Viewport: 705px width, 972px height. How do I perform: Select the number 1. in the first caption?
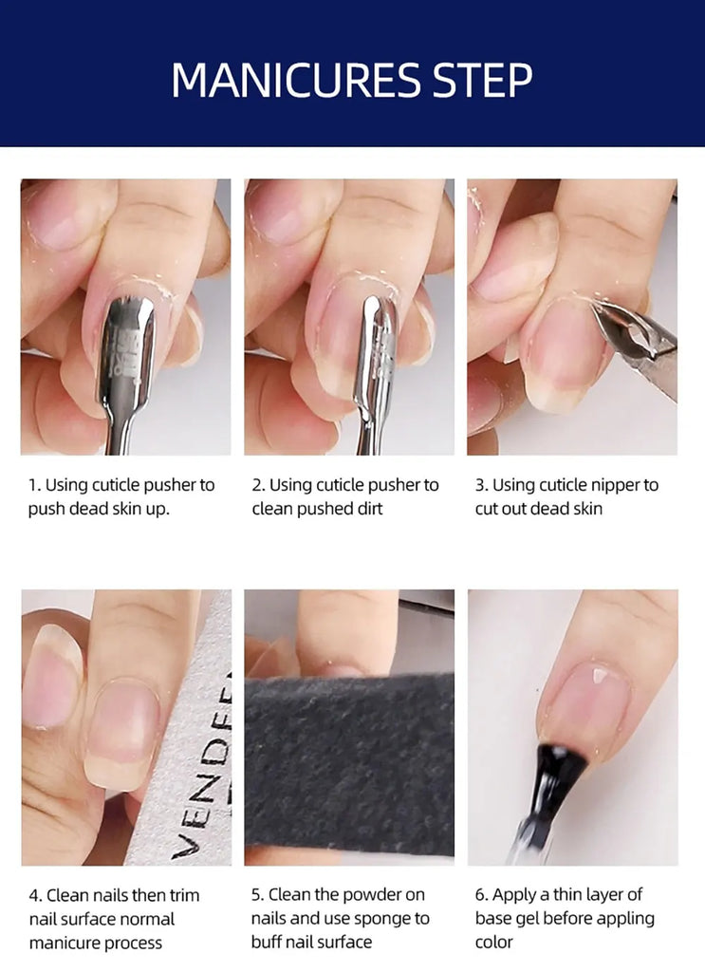pos(34,485)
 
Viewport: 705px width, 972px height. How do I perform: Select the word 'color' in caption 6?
pos(493,943)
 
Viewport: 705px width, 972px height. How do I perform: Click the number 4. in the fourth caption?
pos(35,894)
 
